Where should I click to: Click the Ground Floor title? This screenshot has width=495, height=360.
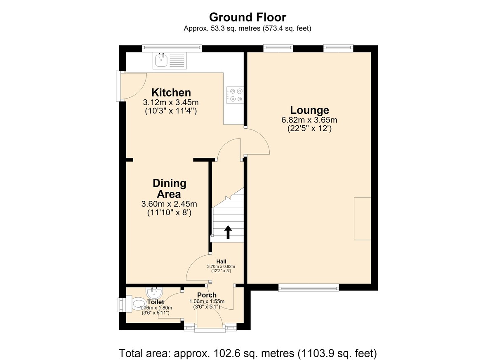tap(247, 17)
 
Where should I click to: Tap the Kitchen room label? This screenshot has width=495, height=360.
tap(171, 92)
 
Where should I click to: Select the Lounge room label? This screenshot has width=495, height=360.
tap(309, 110)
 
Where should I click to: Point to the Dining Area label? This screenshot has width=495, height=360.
tap(170, 188)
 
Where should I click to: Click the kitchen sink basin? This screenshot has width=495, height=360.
tap(161, 60)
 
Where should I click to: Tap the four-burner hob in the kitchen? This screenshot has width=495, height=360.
tap(235, 95)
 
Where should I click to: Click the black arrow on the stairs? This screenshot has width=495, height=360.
tap(228, 232)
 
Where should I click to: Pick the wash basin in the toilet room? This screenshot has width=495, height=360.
tap(154, 293)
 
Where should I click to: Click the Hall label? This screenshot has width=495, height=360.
tap(221, 262)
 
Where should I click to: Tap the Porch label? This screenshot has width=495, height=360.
tap(207, 295)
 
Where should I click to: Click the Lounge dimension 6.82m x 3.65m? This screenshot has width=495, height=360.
tap(309, 120)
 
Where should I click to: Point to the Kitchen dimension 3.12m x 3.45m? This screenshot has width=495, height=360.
tap(171, 103)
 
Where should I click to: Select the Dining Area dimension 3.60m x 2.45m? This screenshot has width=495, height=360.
tap(169, 204)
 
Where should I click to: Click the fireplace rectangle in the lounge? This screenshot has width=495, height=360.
tap(363, 219)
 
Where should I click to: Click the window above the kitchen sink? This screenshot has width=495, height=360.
tap(172, 48)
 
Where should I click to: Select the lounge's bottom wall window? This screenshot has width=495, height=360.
tap(309, 287)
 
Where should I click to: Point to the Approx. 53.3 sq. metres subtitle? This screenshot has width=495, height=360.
tap(247, 28)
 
